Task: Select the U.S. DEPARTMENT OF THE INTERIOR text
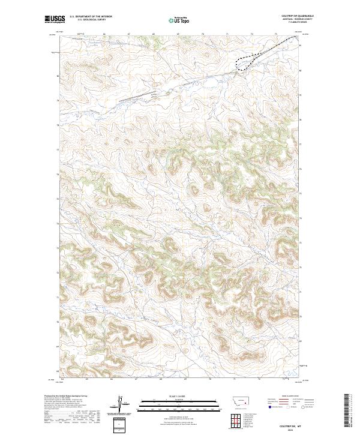tap(91, 17)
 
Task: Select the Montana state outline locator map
tap(239, 400)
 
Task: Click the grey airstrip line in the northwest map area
tap(137, 97)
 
